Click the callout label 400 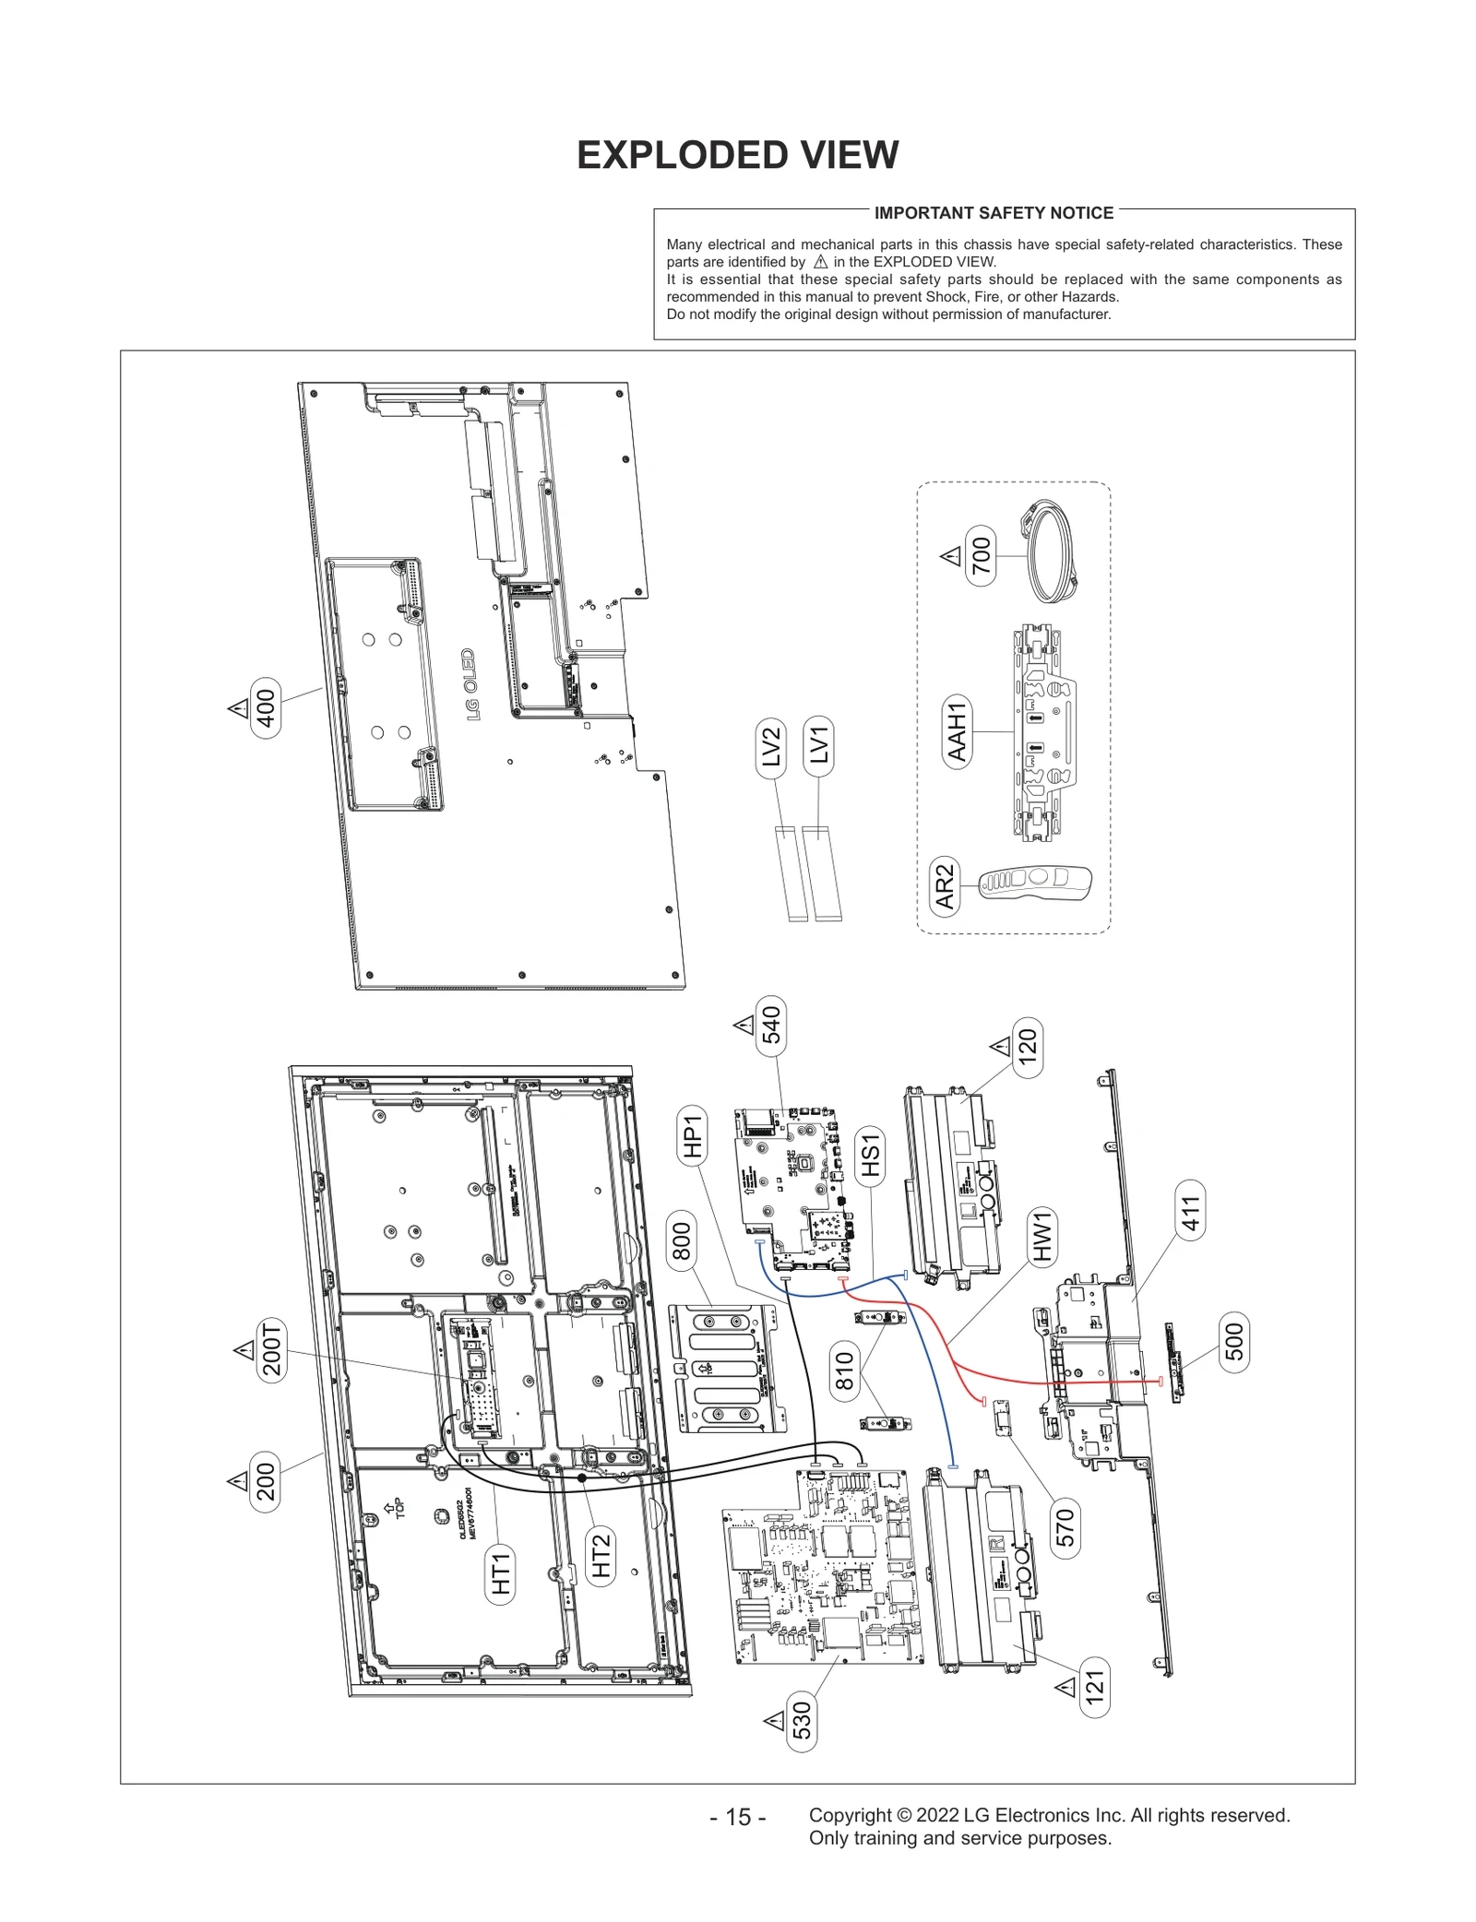(x=266, y=708)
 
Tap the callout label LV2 (x=772, y=747)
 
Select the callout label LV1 (x=819, y=743)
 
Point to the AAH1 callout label (x=958, y=731)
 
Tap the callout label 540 (x=771, y=1025)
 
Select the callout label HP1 (x=693, y=1137)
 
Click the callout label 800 (x=681, y=1241)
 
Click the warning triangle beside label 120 (x=1000, y=1046)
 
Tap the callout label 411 (x=1191, y=1213)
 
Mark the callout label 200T (x=271, y=1349)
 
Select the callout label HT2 (x=601, y=1556)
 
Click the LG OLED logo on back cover (x=470, y=684)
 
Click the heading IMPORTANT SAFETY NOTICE (x=994, y=213)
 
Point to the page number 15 (x=737, y=1816)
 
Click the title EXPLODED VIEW (x=737, y=155)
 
